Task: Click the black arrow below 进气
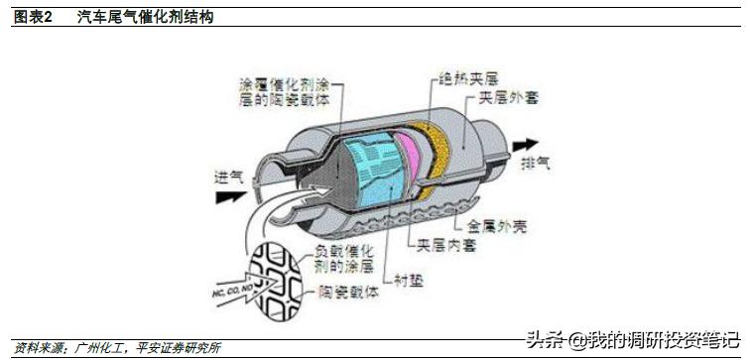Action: [230, 196]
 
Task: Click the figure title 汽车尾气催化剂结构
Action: [145, 18]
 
